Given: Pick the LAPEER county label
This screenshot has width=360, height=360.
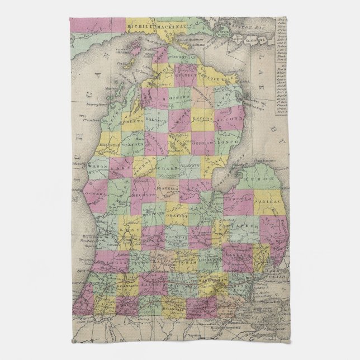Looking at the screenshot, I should tap(252, 220).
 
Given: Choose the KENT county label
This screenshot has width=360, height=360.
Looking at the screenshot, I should tap(132, 229).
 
